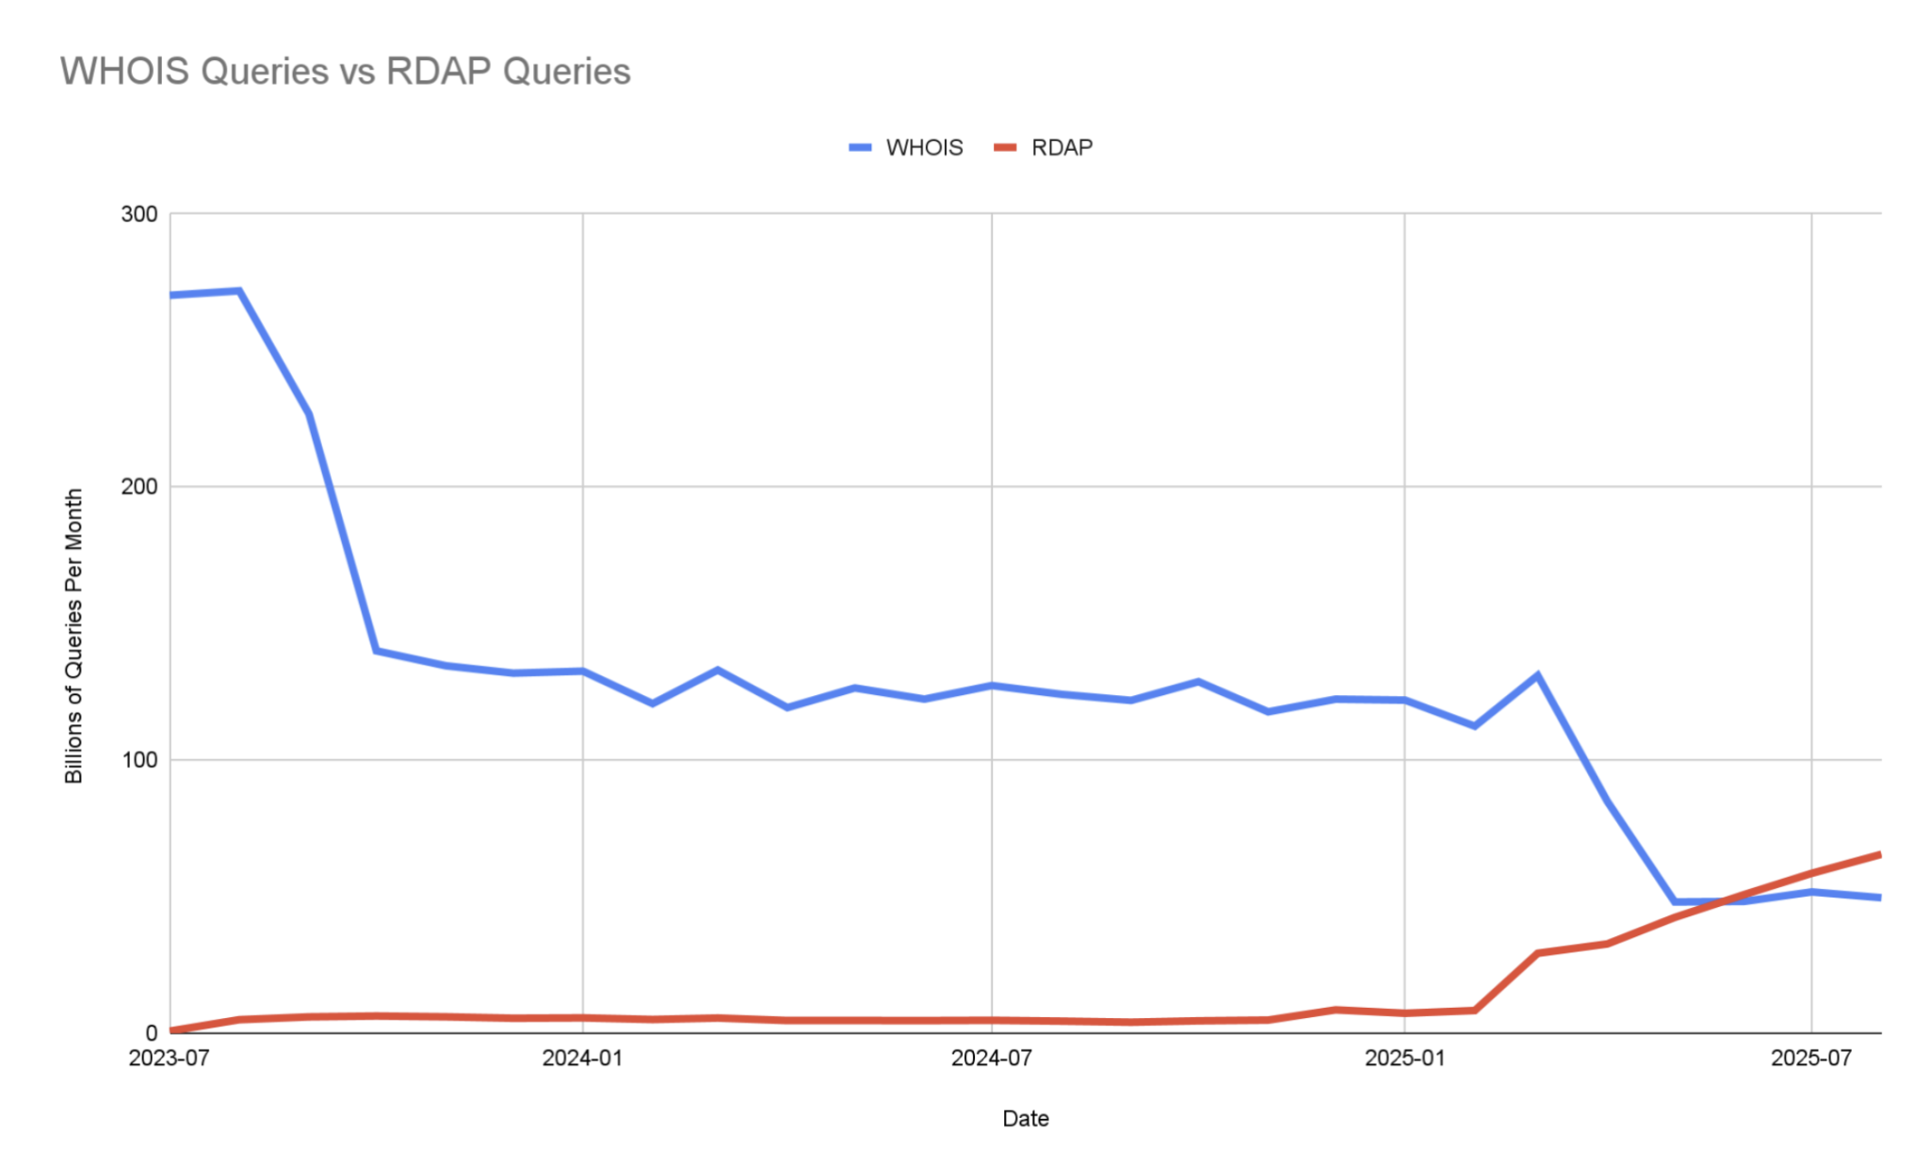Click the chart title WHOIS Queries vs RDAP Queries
coord(345,72)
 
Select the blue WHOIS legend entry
coord(906,148)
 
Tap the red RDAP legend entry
coord(1044,148)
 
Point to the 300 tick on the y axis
coord(139,214)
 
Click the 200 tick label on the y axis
coord(139,487)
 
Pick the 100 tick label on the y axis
coord(139,760)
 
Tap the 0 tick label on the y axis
coord(151,1033)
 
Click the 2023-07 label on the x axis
coord(170,1059)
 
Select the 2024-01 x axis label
coord(582,1059)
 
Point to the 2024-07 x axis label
coord(991,1059)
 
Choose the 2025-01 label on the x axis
coord(1404,1059)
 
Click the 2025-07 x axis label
coord(1811,1059)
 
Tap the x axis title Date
coord(1025,1119)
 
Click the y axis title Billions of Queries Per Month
coord(73,636)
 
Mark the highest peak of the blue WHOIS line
coord(239,291)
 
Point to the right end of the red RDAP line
coord(1879,855)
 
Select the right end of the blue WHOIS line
coord(1879,898)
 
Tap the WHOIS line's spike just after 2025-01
coord(1537,674)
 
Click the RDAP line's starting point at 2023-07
coord(171,1031)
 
